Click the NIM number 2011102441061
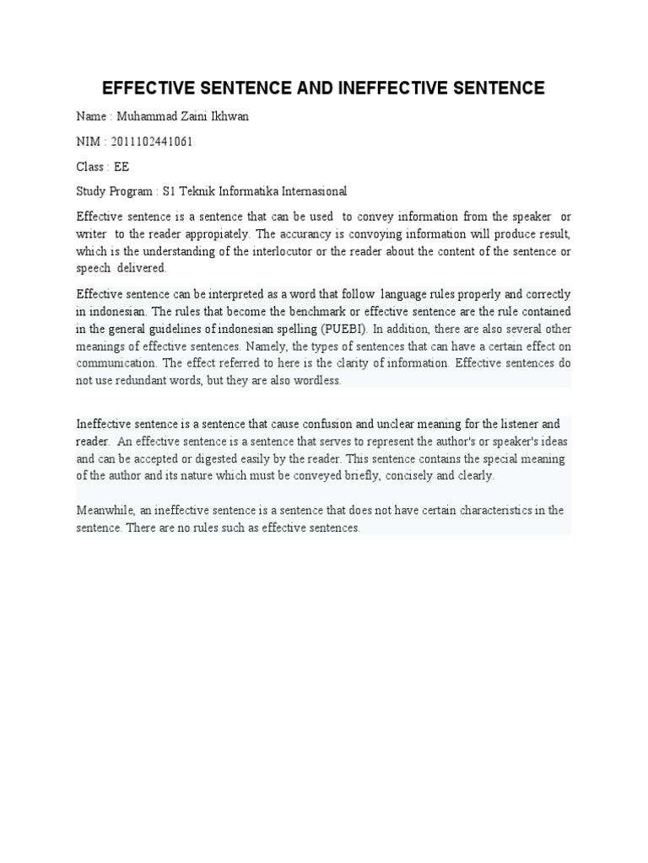tap(151, 142)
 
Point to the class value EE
tap(121, 167)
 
